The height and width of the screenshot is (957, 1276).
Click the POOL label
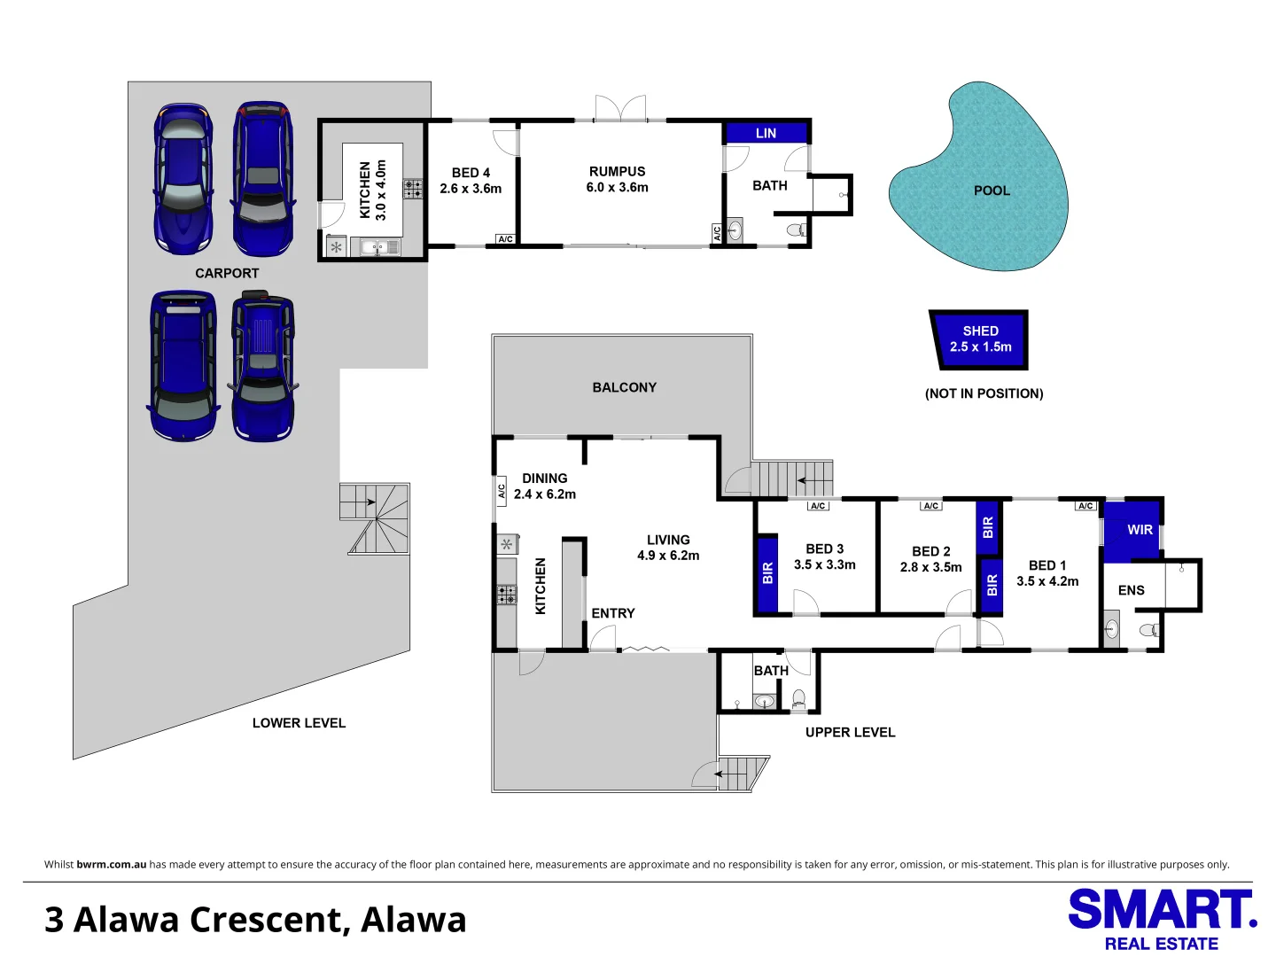point(992,191)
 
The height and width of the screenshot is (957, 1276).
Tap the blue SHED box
point(979,339)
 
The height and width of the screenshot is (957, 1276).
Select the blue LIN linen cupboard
point(766,133)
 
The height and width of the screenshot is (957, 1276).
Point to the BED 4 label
point(471,173)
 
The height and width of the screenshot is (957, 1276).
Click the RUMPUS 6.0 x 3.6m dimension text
point(617,187)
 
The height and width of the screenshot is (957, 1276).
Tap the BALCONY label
point(625,387)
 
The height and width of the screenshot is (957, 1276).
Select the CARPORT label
point(227,273)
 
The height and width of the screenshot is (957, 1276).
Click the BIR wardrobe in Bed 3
point(767,573)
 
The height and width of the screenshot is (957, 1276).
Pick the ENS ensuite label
point(1131,590)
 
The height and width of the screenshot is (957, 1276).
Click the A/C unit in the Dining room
point(502,491)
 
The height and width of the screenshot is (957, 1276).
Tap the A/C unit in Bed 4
point(505,239)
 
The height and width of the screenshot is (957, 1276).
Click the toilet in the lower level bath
point(797,230)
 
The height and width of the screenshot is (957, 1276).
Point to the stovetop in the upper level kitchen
point(506,595)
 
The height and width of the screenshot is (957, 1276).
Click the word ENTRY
point(612,613)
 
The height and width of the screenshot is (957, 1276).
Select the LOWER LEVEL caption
point(299,723)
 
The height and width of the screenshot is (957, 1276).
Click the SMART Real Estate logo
point(1163,920)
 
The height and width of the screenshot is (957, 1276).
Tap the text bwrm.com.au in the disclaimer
point(111,864)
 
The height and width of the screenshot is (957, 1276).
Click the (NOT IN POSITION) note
point(984,394)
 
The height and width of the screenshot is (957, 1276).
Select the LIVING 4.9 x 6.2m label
point(668,548)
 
